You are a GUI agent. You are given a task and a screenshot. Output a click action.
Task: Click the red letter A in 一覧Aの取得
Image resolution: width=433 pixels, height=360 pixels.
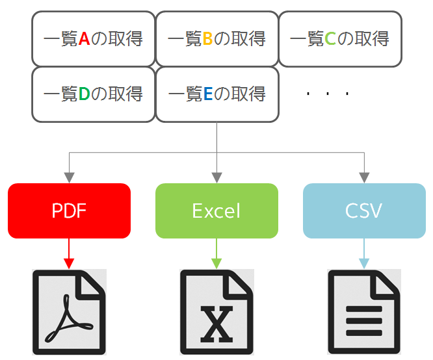(84, 39)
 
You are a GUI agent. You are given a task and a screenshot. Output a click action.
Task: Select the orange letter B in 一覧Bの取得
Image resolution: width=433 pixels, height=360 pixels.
(207, 39)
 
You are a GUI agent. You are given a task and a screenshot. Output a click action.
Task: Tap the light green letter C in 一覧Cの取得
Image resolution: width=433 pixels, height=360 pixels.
(330, 39)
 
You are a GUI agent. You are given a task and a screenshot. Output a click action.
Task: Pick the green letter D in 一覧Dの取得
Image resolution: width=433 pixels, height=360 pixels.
(84, 95)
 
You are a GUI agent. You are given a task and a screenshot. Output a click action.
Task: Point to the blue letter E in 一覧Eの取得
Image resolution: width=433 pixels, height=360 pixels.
(207, 95)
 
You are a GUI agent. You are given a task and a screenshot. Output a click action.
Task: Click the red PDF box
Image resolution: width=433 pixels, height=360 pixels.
(69, 211)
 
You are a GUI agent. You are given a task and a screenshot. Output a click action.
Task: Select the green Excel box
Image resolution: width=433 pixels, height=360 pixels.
(216, 211)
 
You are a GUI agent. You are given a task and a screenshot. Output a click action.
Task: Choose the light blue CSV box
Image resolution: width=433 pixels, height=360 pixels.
(364, 211)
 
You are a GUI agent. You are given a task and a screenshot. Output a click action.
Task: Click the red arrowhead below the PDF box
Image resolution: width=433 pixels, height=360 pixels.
(69, 263)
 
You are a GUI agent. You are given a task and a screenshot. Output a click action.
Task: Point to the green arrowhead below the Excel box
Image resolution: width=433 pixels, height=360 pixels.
(216, 263)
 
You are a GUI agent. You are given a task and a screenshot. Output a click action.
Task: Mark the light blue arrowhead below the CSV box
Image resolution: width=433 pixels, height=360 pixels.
(364, 263)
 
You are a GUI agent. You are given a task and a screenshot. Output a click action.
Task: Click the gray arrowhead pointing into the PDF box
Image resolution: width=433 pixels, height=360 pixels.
(69, 177)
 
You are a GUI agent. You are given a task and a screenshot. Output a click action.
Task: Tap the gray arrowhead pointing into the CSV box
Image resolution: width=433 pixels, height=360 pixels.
(364, 177)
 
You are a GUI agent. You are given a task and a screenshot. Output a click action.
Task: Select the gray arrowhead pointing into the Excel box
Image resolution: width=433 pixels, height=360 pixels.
(216, 177)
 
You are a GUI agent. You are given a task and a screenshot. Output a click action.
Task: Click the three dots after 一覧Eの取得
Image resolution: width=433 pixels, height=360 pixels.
(328, 95)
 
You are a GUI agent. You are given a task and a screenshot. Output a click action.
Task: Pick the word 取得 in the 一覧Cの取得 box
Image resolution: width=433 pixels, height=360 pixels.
(371, 39)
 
